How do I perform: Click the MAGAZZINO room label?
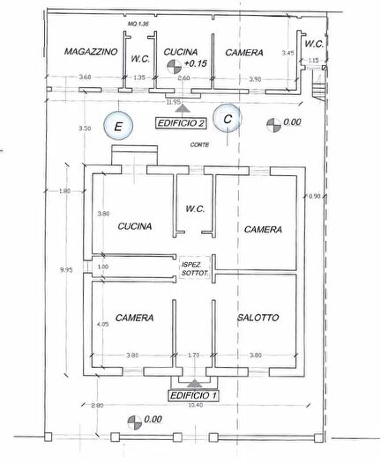[91, 53]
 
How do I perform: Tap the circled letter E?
[117, 126]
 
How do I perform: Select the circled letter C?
[228, 118]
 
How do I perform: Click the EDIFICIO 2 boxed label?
[182, 123]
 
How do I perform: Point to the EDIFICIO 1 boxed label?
[193, 397]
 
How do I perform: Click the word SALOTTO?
[258, 318]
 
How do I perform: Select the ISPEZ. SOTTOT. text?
[194, 268]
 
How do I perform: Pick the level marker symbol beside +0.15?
[176, 65]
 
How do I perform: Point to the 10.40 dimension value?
[196, 405]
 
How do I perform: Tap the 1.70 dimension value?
[194, 356]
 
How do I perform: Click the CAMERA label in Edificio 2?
[243, 53]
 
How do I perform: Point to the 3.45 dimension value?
[288, 54]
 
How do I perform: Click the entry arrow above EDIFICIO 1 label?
[193, 384]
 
